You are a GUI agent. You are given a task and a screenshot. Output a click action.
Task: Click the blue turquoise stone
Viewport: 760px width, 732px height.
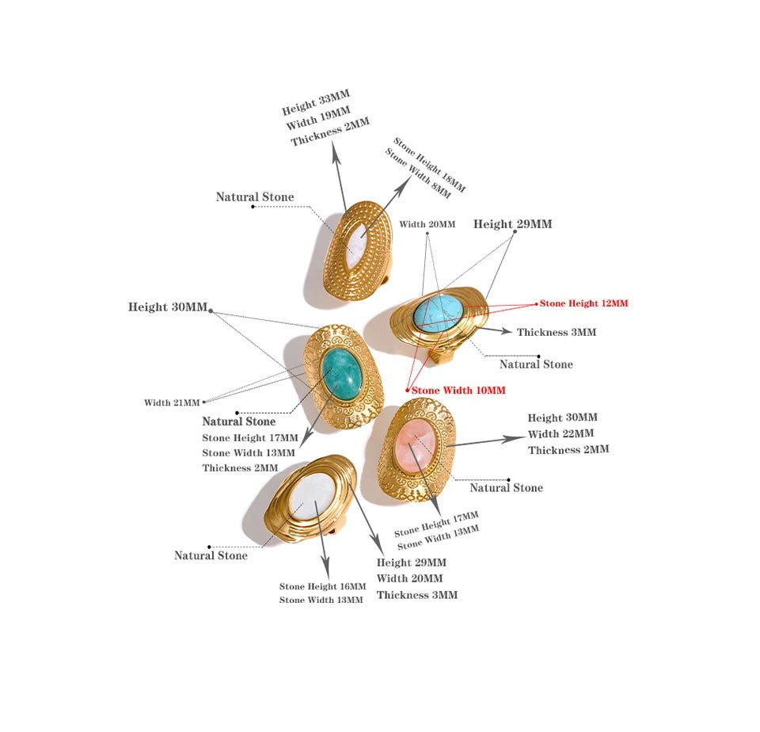tap(438, 315)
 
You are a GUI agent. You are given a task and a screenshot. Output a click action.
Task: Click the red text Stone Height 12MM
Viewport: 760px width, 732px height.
tap(583, 303)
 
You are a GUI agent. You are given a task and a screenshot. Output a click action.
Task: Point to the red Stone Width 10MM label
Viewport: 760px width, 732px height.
tap(458, 391)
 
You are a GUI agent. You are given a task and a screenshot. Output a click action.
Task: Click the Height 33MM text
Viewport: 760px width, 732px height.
tap(316, 102)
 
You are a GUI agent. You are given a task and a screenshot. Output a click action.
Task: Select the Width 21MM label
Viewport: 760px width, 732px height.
tap(172, 402)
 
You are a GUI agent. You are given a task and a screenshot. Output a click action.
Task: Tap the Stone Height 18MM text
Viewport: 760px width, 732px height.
tap(429, 165)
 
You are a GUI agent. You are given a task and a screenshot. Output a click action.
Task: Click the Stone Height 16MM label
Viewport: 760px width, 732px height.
tap(322, 586)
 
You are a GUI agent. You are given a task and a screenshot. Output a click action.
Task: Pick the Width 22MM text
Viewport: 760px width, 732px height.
tap(560, 433)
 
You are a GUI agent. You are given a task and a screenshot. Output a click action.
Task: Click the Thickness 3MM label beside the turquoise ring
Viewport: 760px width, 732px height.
tap(557, 332)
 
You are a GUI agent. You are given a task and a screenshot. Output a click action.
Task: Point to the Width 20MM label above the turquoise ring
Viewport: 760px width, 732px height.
tap(427, 224)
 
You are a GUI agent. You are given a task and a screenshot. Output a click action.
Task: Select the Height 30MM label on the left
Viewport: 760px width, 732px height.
tap(168, 307)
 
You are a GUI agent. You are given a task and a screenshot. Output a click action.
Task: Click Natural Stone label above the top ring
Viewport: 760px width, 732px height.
tap(255, 197)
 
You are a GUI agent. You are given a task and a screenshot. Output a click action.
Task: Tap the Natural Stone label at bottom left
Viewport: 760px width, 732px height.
tap(211, 555)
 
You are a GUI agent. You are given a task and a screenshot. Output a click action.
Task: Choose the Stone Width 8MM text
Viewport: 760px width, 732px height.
tap(418, 173)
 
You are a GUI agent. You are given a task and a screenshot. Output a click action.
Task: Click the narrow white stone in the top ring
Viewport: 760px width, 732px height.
tap(358, 245)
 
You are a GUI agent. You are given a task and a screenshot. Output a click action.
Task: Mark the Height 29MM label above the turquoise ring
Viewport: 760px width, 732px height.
tap(513, 224)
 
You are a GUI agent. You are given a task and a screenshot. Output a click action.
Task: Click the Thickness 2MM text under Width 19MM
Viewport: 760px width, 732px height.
tap(330, 132)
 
